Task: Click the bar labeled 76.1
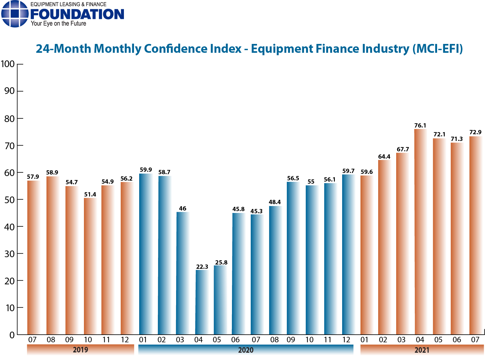(x=420, y=232)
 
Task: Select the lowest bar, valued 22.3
(x=202, y=302)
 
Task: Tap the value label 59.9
(x=146, y=170)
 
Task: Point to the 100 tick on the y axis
(x=8, y=64)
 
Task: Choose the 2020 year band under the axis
(x=246, y=350)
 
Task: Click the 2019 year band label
(x=81, y=350)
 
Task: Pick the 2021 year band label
(x=422, y=350)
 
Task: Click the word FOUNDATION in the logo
(x=77, y=14)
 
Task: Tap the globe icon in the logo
(x=15, y=14)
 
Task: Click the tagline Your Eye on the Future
(x=58, y=24)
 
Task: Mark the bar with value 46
(x=183, y=273)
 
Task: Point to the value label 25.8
(x=221, y=262)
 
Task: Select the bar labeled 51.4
(x=90, y=266)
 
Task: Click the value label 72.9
(x=475, y=132)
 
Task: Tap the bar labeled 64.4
(x=384, y=247)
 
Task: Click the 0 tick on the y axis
(x=12, y=335)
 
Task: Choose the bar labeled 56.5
(x=293, y=258)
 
